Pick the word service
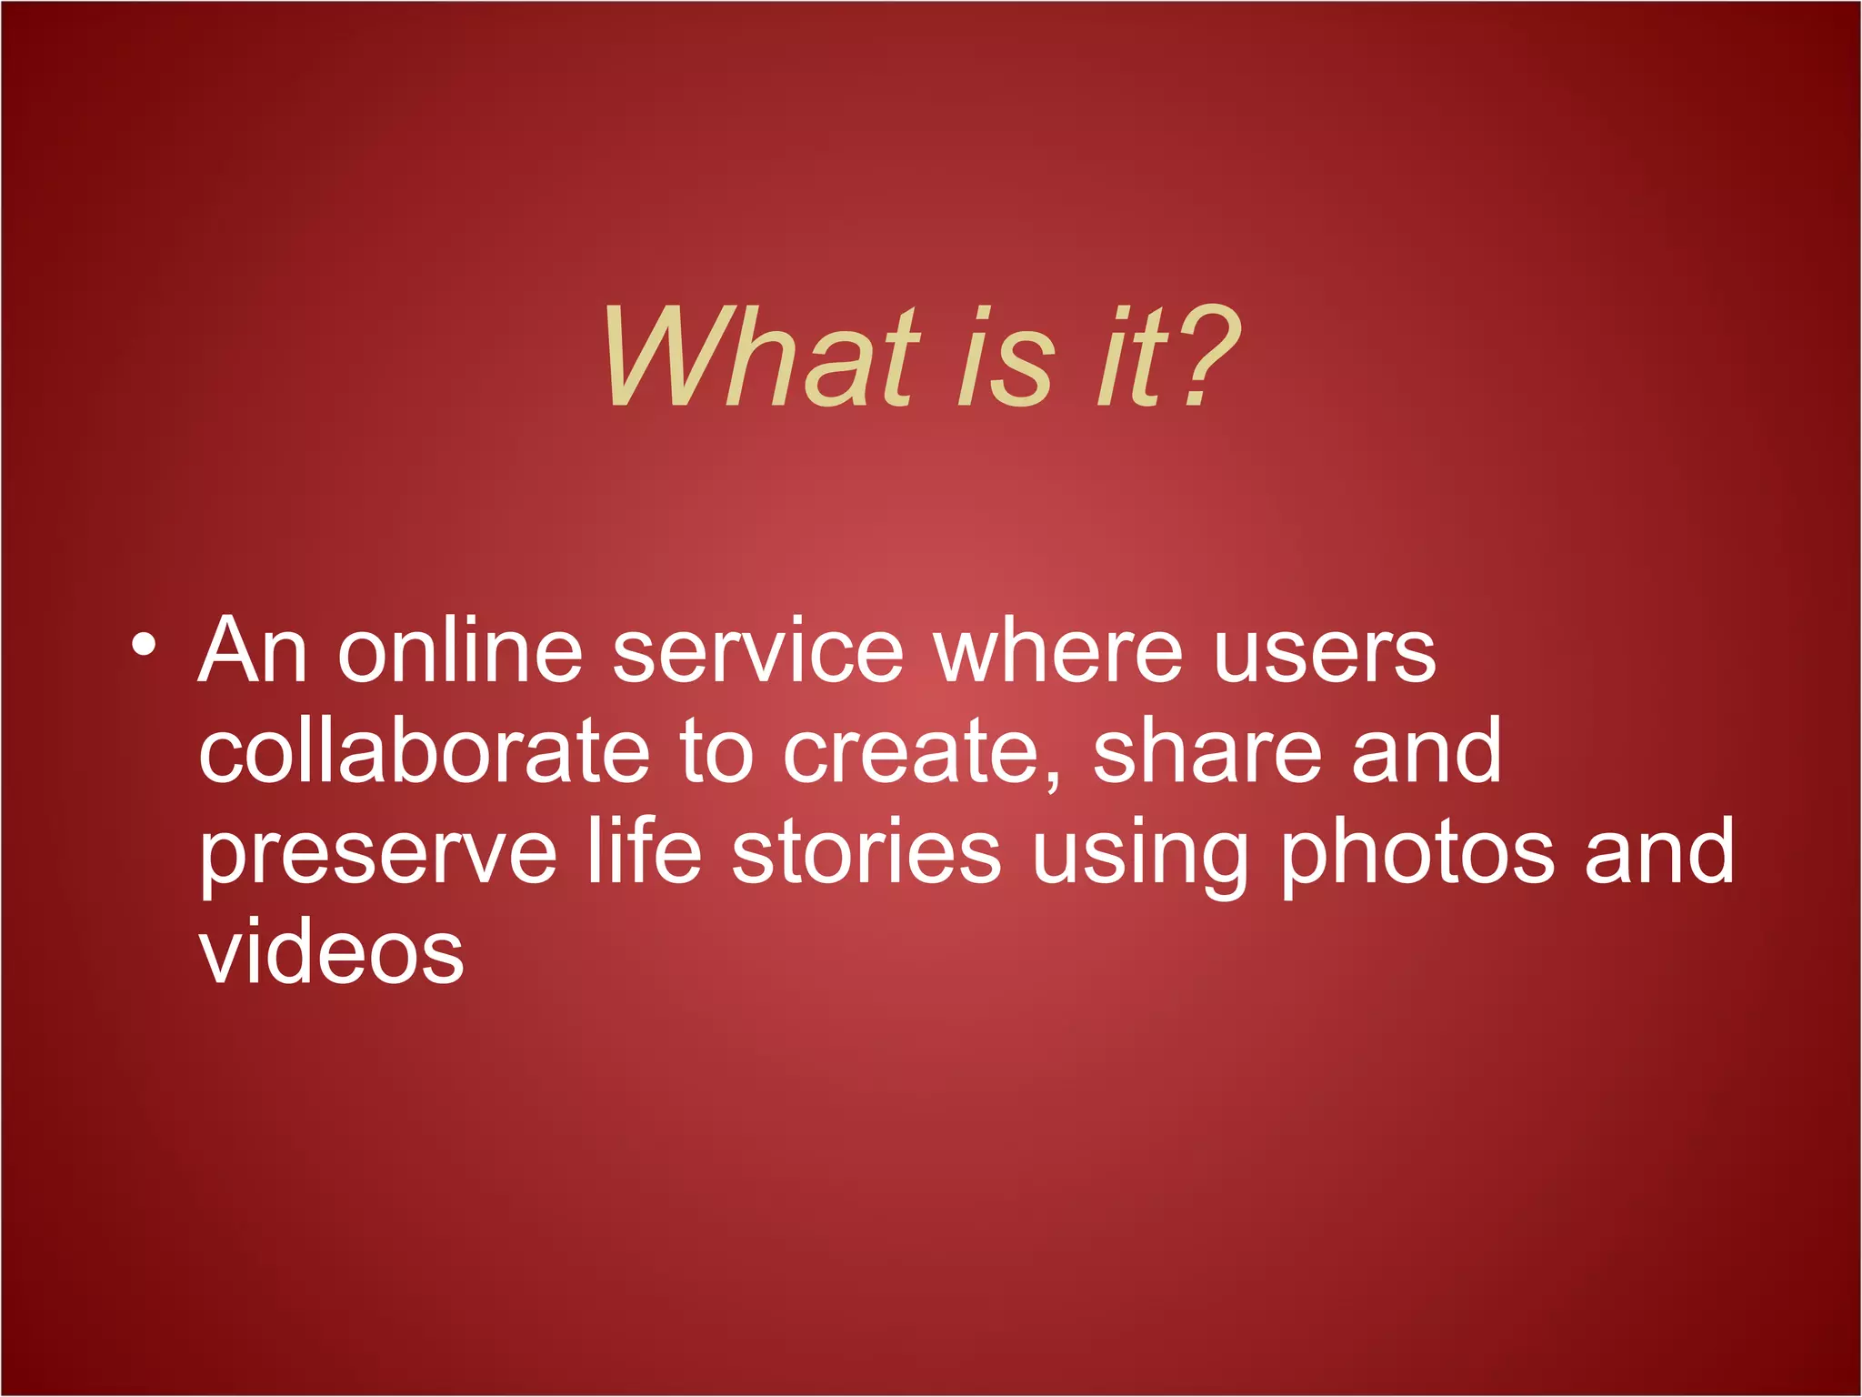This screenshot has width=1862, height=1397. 758,651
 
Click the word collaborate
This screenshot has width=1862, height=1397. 425,751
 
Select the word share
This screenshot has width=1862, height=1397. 1206,751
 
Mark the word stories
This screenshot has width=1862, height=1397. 866,853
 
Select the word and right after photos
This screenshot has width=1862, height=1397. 1659,853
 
